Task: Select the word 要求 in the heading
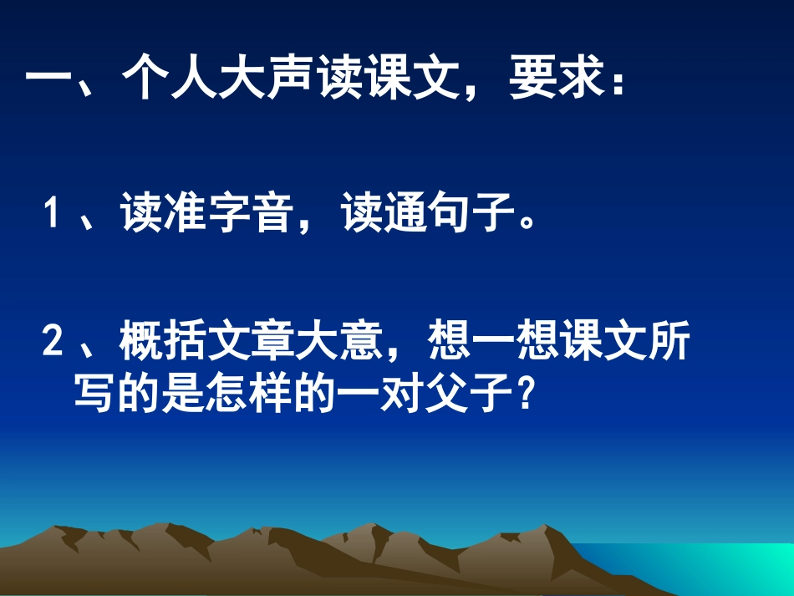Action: pos(557,81)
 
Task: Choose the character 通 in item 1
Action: pos(406,216)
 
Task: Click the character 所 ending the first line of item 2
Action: pos(668,343)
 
